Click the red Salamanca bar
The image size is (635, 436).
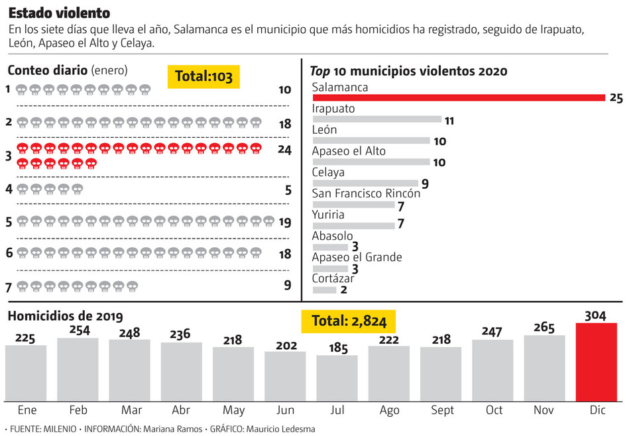click(459, 98)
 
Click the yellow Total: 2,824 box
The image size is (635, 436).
click(349, 321)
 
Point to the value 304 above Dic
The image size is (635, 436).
click(596, 315)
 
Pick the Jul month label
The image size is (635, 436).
click(337, 410)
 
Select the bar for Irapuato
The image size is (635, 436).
click(376, 119)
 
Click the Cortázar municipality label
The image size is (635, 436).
click(333, 278)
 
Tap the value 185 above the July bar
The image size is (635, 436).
click(337, 348)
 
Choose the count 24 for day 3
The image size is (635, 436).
click(284, 150)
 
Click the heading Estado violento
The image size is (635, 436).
click(59, 13)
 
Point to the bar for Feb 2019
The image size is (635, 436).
click(78, 369)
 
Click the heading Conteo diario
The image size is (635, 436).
click(47, 70)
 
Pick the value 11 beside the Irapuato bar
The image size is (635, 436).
click(449, 121)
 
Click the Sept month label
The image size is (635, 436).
click(441, 410)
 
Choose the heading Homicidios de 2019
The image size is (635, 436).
click(65, 317)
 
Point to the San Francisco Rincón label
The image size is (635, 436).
click(366, 193)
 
